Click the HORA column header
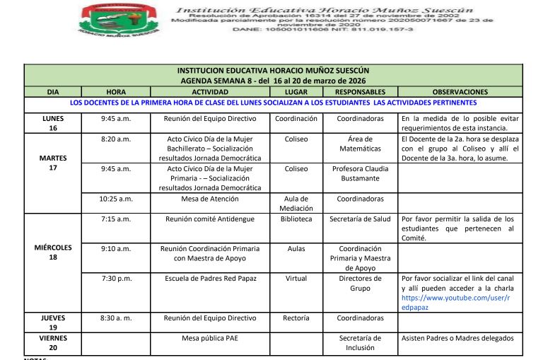pyautogui.click(x=115, y=92)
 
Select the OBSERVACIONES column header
pyautogui.click(x=460, y=92)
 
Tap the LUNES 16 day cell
pyautogui.click(x=53, y=124)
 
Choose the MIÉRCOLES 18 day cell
pyautogui.click(x=53, y=253)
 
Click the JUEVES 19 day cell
pyautogui.click(x=53, y=323)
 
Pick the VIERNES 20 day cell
pyautogui.click(x=53, y=343)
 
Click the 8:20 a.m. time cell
pyautogui.click(x=115, y=139)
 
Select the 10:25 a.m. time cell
pyautogui.click(x=115, y=199)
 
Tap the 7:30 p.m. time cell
pyautogui.click(x=115, y=279)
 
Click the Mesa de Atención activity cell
pyautogui.click(x=210, y=199)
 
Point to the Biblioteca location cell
pyautogui.click(x=296, y=219)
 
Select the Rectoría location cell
pyautogui.click(x=296, y=318)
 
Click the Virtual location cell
pyautogui.click(x=296, y=279)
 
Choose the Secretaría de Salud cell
pyautogui.click(x=360, y=219)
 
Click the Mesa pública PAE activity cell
pyautogui.click(x=210, y=338)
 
